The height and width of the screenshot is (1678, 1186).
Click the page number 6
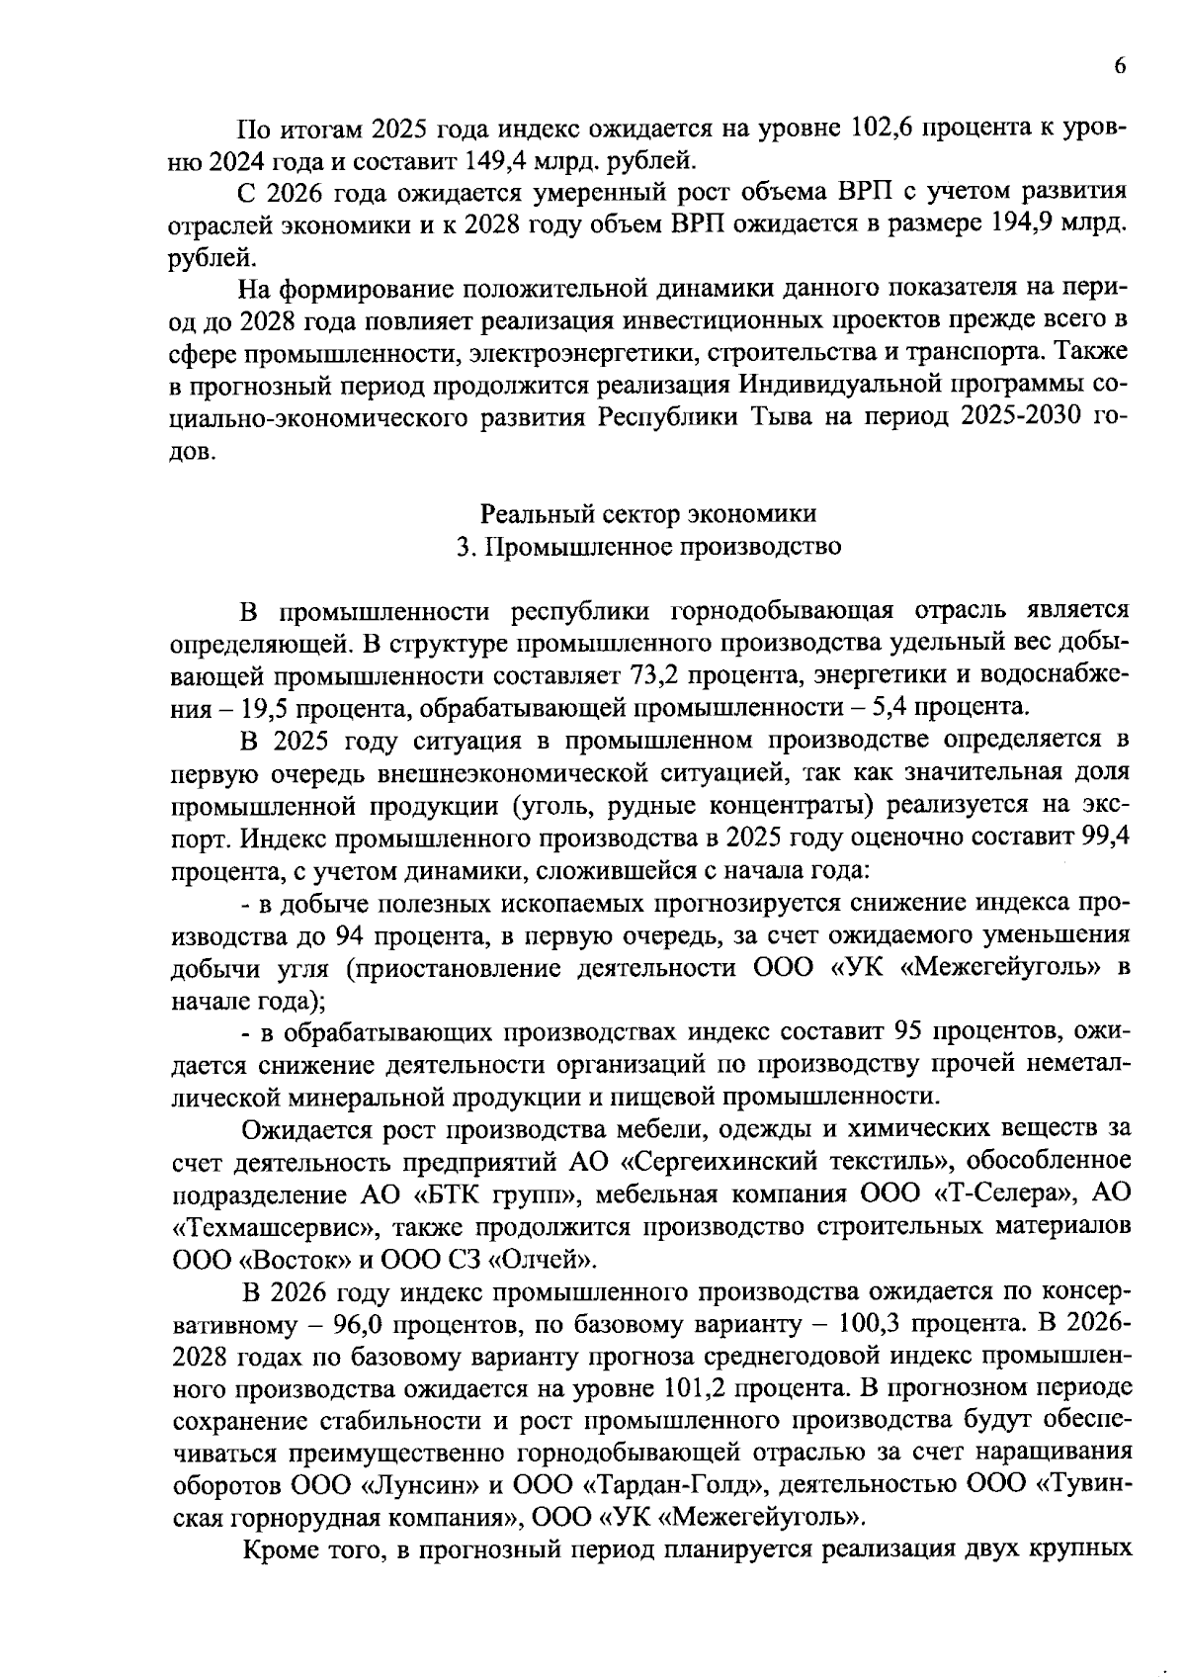[1120, 66]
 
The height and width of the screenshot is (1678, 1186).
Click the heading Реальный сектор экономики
[648, 514]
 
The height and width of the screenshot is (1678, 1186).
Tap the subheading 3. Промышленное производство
[648, 547]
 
